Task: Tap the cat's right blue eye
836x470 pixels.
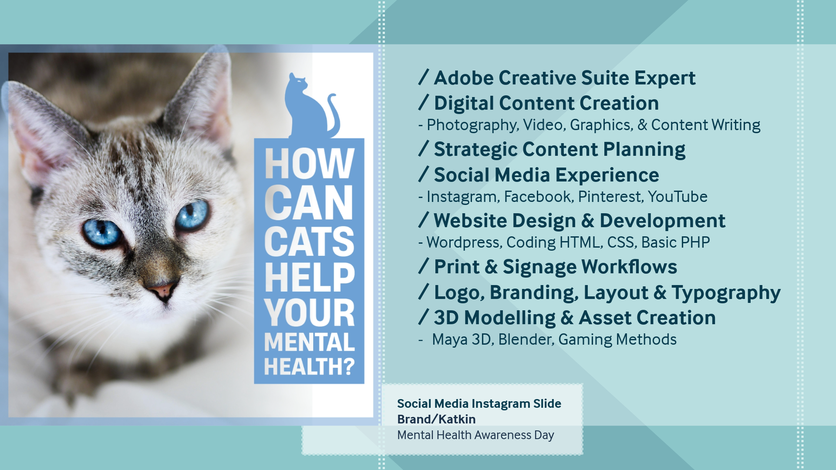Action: tap(192, 215)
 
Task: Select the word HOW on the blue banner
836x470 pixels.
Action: tap(310, 164)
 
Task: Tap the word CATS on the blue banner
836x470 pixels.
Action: tap(309, 242)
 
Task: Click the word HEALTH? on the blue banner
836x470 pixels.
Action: tap(309, 366)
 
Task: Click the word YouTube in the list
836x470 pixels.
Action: tap(678, 197)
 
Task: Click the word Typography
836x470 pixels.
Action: tap(726, 293)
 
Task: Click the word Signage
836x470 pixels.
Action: tap(539, 267)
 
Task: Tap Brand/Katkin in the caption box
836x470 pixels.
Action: tap(436, 419)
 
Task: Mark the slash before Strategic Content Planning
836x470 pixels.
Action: tap(424, 148)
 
